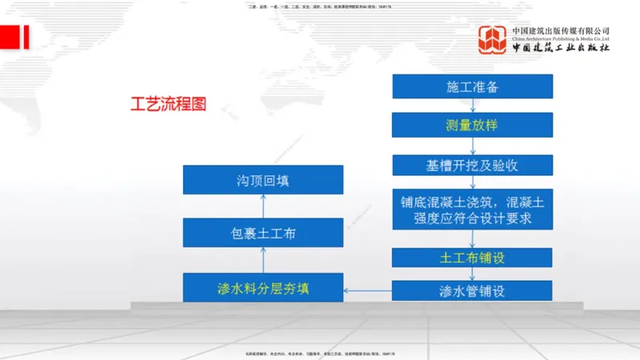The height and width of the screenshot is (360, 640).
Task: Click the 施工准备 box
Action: (x=472, y=86)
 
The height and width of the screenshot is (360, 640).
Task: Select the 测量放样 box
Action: (x=472, y=125)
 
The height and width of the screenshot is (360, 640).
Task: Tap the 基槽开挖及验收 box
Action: (x=472, y=165)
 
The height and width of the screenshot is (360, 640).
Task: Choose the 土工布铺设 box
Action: (x=472, y=258)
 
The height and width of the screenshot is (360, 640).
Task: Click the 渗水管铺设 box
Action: (x=472, y=290)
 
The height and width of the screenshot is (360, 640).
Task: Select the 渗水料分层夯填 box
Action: (x=262, y=287)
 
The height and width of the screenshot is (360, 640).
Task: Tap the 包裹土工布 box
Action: (x=262, y=234)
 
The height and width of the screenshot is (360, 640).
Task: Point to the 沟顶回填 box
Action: (x=262, y=180)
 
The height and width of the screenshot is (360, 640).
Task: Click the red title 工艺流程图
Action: (x=168, y=104)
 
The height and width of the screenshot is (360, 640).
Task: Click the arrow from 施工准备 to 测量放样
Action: (x=472, y=106)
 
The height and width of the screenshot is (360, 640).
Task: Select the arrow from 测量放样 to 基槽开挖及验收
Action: (x=472, y=146)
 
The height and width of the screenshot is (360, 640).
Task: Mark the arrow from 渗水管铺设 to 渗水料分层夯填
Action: (x=367, y=288)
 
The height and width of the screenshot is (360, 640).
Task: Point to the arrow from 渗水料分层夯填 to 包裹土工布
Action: (x=262, y=260)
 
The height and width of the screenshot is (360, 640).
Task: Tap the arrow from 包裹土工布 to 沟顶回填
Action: (x=262, y=206)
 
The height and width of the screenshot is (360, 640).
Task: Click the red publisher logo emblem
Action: (x=492, y=41)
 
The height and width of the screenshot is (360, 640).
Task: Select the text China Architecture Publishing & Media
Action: (x=561, y=38)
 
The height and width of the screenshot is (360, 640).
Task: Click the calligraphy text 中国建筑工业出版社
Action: (x=561, y=48)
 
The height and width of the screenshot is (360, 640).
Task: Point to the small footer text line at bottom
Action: (x=320, y=353)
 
